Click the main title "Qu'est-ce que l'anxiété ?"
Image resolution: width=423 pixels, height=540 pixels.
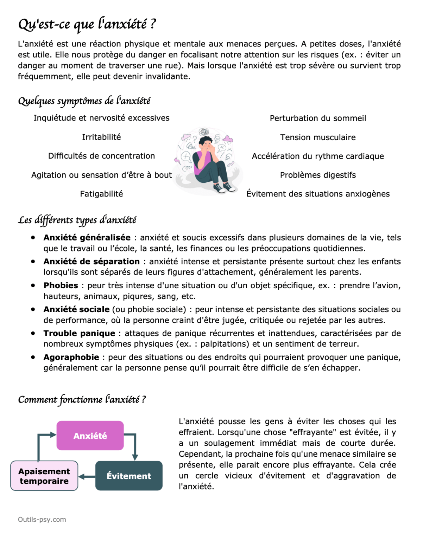tap(87, 24)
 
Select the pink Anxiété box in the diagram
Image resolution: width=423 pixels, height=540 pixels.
tap(90, 436)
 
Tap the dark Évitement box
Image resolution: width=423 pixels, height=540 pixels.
tap(129, 476)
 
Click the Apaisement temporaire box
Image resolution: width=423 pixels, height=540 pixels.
tap(44, 476)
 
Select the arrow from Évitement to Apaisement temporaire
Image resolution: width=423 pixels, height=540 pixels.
tap(87, 477)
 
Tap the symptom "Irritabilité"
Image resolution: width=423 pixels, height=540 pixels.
tap(101, 137)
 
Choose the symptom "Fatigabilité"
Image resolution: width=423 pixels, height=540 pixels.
tap(101, 194)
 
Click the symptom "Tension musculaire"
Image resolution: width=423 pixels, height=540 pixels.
tap(318, 137)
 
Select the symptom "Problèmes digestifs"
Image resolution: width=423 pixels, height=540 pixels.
tap(318, 175)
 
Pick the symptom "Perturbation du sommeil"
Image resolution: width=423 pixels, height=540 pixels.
tap(318, 118)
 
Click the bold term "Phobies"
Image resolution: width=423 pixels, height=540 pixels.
tap(61, 285)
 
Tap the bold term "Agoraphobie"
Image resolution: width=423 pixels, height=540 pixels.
tap(71, 357)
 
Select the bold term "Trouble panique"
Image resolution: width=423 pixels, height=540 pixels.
tap(79, 333)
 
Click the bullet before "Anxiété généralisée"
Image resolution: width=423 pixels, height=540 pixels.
tap(33, 238)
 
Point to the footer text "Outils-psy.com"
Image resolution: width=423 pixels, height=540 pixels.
tap(42, 520)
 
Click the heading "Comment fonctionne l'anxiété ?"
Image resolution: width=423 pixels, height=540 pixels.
tap(82, 399)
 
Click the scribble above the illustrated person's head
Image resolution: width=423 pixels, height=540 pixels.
tap(204, 132)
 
